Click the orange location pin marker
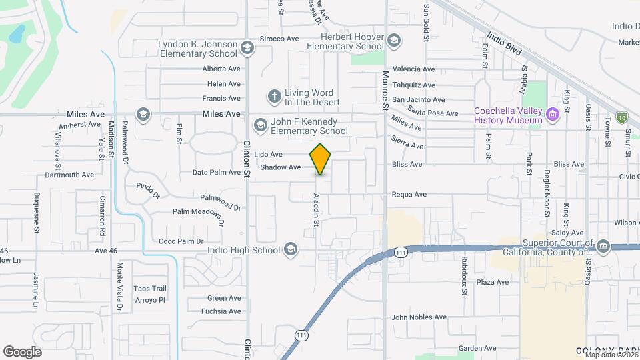click(x=321, y=159)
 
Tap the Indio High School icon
click(x=290, y=250)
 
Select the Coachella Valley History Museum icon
click(x=551, y=115)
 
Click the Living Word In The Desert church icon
click(x=273, y=97)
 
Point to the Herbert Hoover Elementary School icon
click(x=394, y=41)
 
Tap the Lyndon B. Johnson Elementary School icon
click(x=247, y=48)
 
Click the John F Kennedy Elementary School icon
click(x=259, y=125)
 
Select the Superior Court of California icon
click(x=603, y=247)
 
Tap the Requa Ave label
click(x=409, y=195)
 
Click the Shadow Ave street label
click(x=281, y=167)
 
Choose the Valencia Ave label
click(x=413, y=69)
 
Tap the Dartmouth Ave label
click(x=69, y=175)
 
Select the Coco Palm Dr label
click(x=181, y=241)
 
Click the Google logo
click(x=22, y=351)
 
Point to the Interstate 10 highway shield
click(x=621, y=117)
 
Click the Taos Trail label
click(x=149, y=289)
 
